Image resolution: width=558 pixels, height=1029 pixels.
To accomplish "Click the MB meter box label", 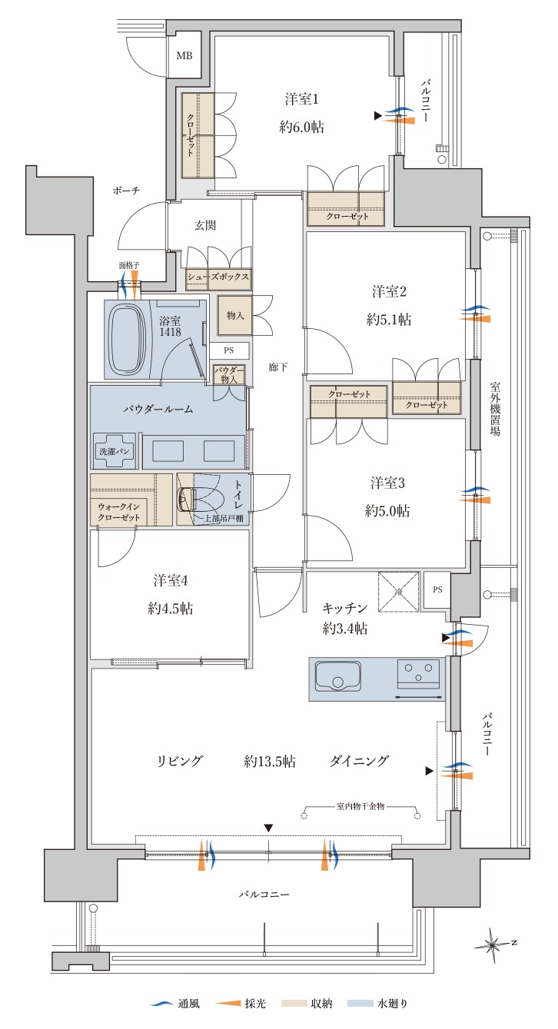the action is coord(184,56).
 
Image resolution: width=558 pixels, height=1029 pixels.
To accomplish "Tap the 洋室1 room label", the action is coord(302,99).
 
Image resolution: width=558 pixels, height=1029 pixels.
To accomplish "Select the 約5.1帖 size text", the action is coord(389,319).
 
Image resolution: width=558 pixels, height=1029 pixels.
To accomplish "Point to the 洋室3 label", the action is coord(387,483).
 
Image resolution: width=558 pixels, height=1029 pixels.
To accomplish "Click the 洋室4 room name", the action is coord(171,581).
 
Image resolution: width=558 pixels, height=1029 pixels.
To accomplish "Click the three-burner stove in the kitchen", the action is coord(418,674).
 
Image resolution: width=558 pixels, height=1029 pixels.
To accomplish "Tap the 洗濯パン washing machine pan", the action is coord(115,450).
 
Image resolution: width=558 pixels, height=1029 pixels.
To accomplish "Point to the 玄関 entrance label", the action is coord(205,226).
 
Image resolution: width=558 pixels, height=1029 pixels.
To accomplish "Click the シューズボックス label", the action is coord(218,277).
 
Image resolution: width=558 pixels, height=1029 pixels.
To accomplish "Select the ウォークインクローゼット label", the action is coord(119,512).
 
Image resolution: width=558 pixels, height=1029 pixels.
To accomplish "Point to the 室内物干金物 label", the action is coord(360,818).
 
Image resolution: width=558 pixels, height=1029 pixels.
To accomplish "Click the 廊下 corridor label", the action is coord(278,367).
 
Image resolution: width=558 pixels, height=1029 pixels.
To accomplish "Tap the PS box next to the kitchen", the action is coord(437,590).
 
